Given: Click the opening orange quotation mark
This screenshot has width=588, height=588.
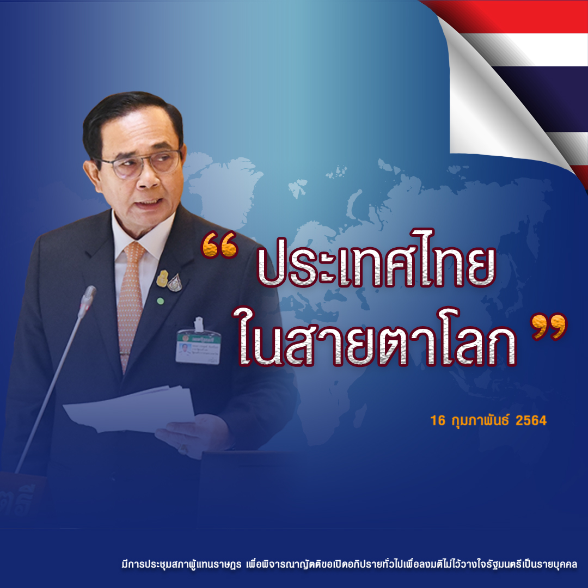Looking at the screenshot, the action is click(219, 245).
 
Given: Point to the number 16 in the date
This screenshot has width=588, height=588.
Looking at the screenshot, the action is click(438, 420).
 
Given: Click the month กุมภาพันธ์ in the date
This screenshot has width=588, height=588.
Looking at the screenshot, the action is click(480, 420).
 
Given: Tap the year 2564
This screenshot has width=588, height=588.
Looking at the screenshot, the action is click(531, 420).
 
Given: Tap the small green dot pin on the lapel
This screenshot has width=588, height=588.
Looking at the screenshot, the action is click(160, 301).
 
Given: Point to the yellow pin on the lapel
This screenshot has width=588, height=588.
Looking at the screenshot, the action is click(162, 279).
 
